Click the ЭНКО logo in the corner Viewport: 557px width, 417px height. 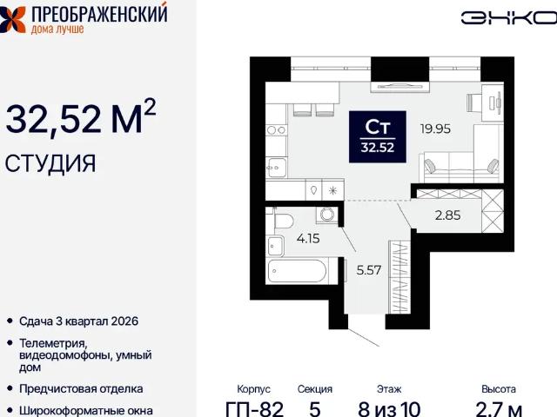508,18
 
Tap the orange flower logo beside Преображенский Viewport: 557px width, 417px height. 12,19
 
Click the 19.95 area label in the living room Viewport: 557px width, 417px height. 435,129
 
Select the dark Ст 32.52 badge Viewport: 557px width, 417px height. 378,137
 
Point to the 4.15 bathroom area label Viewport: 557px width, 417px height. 308,238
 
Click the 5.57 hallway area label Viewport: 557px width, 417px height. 369,270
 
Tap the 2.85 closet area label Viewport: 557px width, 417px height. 447,215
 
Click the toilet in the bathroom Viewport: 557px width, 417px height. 284,221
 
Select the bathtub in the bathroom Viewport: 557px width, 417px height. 297,271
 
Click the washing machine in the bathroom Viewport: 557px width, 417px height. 327,215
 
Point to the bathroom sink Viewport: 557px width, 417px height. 276,245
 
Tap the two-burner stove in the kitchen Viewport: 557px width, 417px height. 277,130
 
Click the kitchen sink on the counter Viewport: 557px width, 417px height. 277,168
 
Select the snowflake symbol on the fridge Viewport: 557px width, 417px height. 332,191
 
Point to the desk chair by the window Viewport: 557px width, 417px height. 473,103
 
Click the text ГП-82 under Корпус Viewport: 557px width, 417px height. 255,409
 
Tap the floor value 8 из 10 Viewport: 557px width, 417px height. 389,409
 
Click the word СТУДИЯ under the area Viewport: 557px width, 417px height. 50,163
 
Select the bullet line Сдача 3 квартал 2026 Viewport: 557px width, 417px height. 78,321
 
